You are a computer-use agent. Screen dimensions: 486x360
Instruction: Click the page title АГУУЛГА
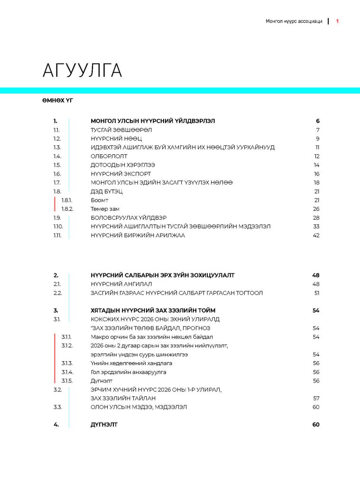click(x=82, y=70)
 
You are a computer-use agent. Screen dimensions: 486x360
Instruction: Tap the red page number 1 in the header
click(x=337, y=21)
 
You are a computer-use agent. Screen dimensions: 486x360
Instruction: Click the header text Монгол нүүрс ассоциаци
click(x=294, y=21)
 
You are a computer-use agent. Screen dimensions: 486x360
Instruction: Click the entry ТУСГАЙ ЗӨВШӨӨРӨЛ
click(x=121, y=130)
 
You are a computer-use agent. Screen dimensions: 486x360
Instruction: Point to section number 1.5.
click(x=57, y=165)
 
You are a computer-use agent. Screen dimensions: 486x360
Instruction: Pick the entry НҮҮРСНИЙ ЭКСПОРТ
click(x=120, y=174)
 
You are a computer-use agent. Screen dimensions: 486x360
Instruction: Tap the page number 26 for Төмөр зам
click(x=316, y=209)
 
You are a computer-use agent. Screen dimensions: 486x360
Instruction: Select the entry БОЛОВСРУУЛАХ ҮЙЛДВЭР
click(x=129, y=218)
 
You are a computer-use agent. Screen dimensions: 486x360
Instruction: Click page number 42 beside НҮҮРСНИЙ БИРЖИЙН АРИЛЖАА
click(x=316, y=235)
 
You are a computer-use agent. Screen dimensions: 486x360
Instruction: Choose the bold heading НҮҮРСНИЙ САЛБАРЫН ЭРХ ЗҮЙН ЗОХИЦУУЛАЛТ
click(x=162, y=275)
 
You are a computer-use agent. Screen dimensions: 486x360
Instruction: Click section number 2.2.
click(x=57, y=293)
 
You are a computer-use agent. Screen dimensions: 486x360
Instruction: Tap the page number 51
click(x=317, y=293)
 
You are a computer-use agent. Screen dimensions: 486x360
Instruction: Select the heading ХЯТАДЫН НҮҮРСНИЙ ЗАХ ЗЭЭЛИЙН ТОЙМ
click(x=153, y=310)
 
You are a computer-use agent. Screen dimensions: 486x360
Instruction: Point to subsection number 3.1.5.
click(x=66, y=381)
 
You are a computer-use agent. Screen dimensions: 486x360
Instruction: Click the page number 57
click(x=316, y=398)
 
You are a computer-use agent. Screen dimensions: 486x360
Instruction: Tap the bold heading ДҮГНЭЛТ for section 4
click(x=104, y=424)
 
